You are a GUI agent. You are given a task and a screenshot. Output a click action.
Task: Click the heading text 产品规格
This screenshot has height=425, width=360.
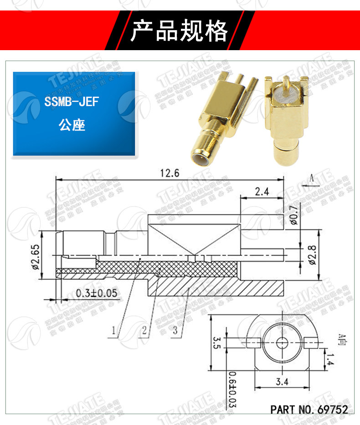(x=179, y=31)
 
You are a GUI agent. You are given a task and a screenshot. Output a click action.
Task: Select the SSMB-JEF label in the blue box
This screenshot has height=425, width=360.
(x=72, y=101)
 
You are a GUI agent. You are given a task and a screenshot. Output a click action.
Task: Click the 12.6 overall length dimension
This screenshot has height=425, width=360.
(x=170, y=173)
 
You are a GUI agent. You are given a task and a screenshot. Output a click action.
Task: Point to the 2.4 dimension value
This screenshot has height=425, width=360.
(x=262, y=192)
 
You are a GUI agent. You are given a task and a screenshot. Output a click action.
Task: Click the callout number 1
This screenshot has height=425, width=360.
(x=115, y=331)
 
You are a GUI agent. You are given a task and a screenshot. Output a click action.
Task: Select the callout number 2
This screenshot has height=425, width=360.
(x=144, y=331)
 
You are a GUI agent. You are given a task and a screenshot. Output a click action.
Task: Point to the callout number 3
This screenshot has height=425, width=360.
(x=175, y=331)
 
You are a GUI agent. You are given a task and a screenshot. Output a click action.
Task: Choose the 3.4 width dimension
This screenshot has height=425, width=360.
(x=282, y=382)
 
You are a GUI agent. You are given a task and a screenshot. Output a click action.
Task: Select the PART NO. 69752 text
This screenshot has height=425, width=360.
(x=309, y=409)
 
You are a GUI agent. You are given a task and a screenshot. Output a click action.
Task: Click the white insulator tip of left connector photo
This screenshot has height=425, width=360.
(x=199, y=161)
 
